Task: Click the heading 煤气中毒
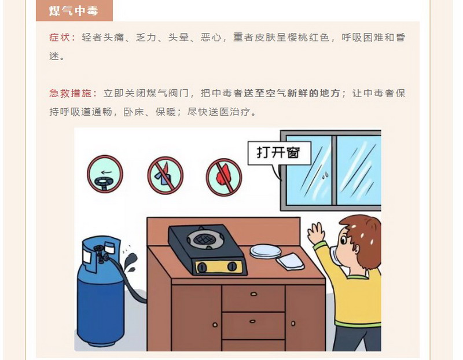coord(74,11)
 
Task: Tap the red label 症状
coord(60,38)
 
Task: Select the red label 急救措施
coord(70,93)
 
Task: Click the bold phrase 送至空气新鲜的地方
coord(292,93)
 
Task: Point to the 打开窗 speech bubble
coord(279,153)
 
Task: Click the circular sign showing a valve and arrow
coord(105,174)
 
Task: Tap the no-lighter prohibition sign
coord(165,175)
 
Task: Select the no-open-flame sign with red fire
coord(224,177)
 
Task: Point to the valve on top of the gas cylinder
coord(100,253)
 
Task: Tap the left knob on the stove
coord(202,267)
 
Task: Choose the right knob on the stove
coord(232,266)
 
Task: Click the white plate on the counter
coord(266,251)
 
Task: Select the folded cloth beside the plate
coord(291,262)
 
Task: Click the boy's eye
coord(343,240)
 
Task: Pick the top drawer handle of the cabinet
coord(253,294)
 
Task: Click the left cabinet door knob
coord(215,325)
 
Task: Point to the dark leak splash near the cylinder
coord(130,262)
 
